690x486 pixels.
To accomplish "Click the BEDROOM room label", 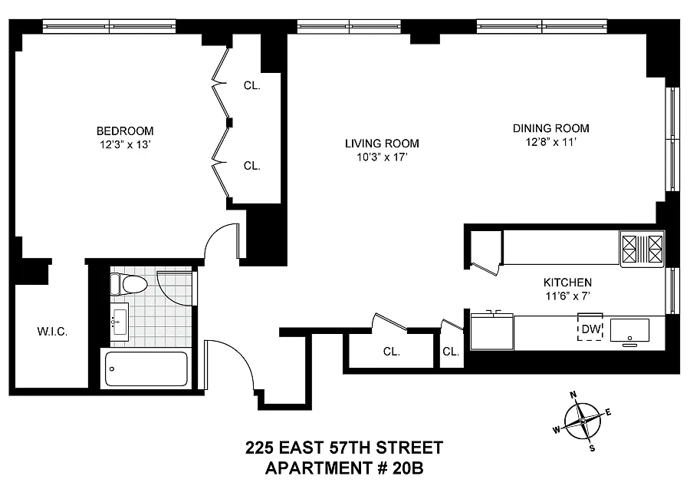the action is click(x=125, y=131).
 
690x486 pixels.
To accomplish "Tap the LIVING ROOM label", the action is click(x=382, y=144).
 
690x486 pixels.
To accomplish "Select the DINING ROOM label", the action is click(x=551, y=128).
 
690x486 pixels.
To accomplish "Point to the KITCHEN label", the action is click(x=567, y=283).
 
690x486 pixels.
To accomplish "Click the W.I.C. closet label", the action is click(x=52, y=332).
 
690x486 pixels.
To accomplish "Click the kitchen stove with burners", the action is click(x=642, y=249).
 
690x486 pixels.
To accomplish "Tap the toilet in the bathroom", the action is click(x=128, y=284).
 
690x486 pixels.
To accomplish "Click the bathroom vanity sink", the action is click(x=119, y=322).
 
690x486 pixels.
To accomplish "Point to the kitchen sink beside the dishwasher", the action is click(x=629, y=330).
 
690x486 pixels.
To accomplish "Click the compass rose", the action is click(x=582, y=422).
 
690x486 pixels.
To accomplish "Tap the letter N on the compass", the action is click(x=573, y=395).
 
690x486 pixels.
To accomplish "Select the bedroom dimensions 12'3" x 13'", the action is click(x=126, y=144).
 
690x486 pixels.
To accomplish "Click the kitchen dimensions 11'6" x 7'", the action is click(x=567, y=296).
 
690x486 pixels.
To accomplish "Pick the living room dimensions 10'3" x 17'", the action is click(x=382, y=157).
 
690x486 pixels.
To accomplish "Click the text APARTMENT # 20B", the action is click(x=344, y=468).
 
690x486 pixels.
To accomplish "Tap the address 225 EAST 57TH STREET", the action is click(x=344, y=448).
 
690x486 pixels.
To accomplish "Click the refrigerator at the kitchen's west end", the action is click(x=492, y=331).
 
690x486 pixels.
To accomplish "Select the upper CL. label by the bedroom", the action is click(x=252, y=85).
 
